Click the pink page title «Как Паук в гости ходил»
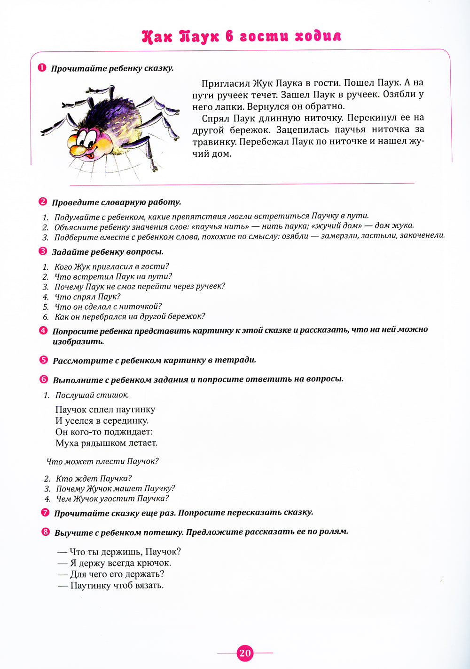coord(241,37)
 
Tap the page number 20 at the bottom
coord(245,653)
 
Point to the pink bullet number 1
coord(42,68)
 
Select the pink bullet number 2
coord(43,202)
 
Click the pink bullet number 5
coord(44,360)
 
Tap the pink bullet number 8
coord(45,532)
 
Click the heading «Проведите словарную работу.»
coord(116,202)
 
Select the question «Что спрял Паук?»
coord(87,297)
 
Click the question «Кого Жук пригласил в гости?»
coord(111,266)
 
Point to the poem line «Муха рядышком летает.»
coord(106,443)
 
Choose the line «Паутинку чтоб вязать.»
coord(117,586)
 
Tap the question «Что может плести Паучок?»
coord(102,461)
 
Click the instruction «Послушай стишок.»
coord(92,395)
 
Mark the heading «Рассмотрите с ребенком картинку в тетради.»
coord(154,360)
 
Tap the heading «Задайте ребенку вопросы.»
coord(108,251)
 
